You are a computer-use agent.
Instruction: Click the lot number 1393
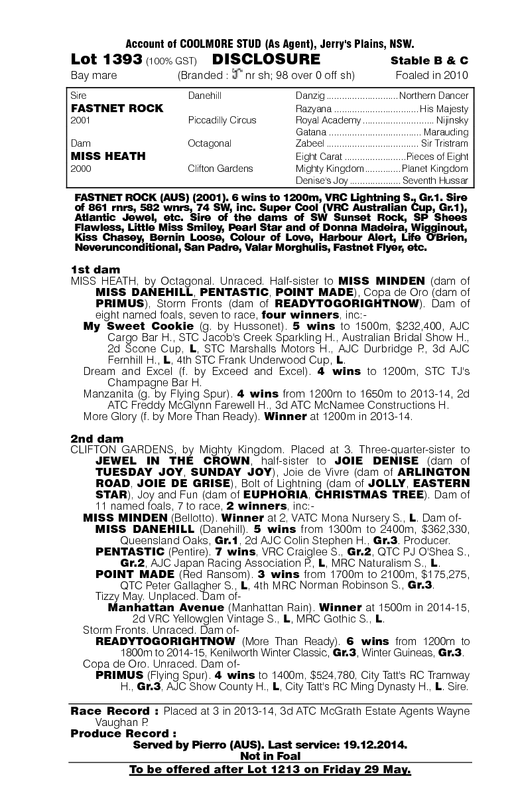122,60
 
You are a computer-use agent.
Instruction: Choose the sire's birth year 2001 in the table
81,120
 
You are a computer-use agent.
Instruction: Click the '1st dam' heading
96,269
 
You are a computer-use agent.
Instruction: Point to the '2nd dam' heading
97,439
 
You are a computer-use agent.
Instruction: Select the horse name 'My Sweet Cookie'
139,327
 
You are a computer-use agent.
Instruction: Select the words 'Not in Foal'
270,756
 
